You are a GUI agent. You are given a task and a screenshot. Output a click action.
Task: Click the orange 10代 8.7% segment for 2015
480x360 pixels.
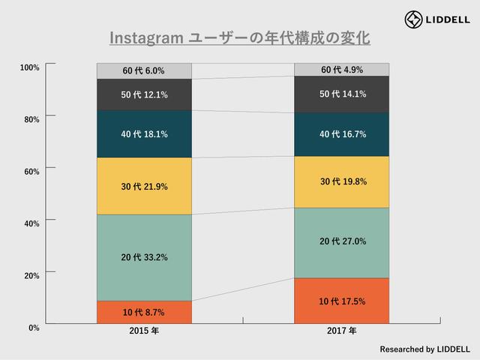coord(144,312)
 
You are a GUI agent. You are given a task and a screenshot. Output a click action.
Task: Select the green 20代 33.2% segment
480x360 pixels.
coord(144,257)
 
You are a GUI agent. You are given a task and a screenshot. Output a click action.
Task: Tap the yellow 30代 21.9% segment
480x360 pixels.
coord(144,186)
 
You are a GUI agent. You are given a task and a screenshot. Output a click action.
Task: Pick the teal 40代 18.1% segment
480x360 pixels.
coord(144,134)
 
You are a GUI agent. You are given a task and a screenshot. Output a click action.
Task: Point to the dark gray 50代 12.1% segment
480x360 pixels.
coord(144,94)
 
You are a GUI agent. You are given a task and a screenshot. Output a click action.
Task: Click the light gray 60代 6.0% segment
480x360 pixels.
coord(144,70)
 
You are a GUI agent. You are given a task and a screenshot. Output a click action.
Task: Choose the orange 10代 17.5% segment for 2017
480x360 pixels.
coord(342,301)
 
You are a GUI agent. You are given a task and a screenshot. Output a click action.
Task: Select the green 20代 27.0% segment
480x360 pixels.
coord(342,241)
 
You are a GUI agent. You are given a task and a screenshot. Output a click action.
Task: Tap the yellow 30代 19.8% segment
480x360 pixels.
coord(342,181)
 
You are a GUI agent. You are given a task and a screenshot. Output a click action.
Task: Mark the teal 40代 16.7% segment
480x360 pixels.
coord(342,134)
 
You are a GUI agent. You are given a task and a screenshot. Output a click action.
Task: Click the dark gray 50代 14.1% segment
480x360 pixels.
coord(342,94)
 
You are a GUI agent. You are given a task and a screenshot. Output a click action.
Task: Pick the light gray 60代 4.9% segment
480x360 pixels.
coord(342,70)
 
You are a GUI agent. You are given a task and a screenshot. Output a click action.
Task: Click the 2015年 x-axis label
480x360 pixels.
coord(144,331)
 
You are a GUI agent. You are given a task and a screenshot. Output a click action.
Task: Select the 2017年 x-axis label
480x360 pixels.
coord(342,331)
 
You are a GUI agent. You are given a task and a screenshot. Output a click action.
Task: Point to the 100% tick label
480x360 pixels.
coord(29,67)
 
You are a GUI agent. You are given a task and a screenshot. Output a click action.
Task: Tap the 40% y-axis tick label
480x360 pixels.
coord(31,223)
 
